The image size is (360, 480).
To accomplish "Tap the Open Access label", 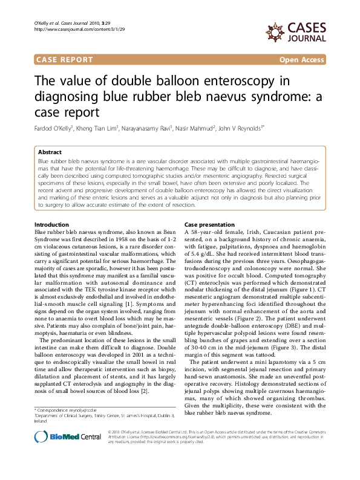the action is (302, 60).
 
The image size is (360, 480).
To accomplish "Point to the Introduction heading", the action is (51, 207).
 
